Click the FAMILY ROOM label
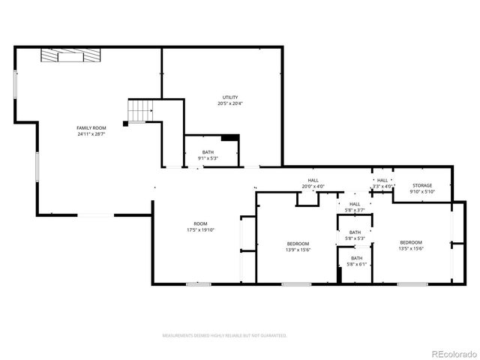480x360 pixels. (91, 128)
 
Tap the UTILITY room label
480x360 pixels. (229, 97)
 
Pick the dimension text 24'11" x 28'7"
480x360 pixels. (91, 134)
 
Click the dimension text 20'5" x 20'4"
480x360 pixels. (229, 103)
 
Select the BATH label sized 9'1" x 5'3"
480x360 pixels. (208, 152)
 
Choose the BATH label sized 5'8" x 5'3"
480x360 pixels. (355, 232)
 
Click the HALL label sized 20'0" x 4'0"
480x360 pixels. (313, 181)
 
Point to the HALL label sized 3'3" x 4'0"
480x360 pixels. (382, 181)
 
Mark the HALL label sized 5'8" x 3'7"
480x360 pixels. (355, 204)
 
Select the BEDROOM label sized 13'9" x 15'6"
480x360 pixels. (298, 244)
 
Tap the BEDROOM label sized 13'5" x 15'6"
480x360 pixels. (410, 242)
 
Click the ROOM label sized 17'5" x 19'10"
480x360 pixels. (200, 223)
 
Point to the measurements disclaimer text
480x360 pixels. (225, 335)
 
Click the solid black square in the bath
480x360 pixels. (230, 138)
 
